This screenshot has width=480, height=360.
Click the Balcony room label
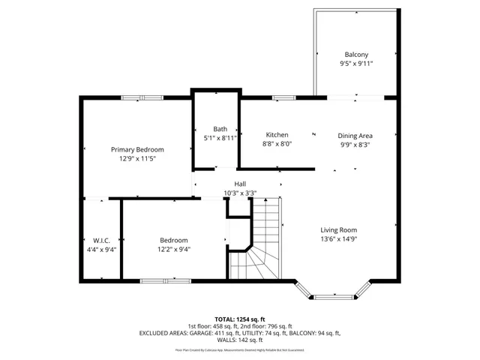[x=356, y=55]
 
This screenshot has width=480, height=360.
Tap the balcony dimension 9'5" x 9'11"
[x=356, y=64]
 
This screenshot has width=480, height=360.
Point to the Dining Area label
[x=355, y=136]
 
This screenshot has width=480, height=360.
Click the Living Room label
[x=339, y=230]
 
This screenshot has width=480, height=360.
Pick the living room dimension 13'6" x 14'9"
[x=339, y=240]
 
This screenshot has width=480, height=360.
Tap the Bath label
[x=220, y=129]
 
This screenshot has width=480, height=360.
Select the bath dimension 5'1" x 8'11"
[x=220, y=138]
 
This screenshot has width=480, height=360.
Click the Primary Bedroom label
[x=137, y=149]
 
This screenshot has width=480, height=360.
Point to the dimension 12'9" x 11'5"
[x=137, y=159]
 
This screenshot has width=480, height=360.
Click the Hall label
[x=240, y=184]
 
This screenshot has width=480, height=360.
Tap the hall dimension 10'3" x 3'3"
[x=240, y=193]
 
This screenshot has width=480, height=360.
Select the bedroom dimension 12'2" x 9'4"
[x=173, y=250]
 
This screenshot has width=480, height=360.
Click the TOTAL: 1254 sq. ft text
[x=240, y=319]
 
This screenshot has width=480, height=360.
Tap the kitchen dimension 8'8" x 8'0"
[x=277, y=144]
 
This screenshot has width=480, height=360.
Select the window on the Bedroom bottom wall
[x=161, y=281]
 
